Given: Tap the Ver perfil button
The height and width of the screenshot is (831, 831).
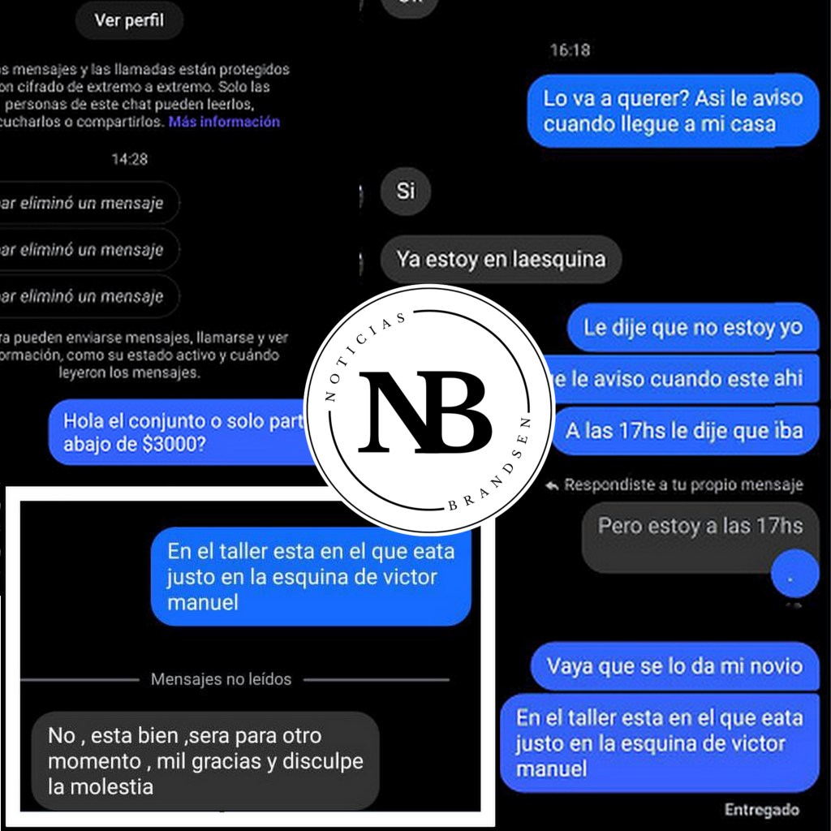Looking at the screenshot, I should point(129,20).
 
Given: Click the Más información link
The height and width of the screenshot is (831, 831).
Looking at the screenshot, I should point(224,122).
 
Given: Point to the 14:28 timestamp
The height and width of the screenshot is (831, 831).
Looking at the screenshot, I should point(129,159).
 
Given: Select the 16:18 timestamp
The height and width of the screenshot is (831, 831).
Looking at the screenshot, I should point(570,50).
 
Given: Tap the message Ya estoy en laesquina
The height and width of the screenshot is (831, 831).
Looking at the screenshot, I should point(500,260).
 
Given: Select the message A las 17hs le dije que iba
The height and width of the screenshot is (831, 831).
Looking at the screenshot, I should point(684,430).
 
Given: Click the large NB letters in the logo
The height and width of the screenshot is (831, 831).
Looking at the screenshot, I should point(425,411).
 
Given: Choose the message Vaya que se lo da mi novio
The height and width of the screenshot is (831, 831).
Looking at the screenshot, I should point(674,666).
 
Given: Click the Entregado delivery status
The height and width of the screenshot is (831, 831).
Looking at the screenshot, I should point(761,809).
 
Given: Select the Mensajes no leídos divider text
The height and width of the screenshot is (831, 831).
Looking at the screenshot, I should point(221,679).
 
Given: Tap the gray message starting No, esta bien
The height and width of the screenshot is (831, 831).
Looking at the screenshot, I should point(205,760).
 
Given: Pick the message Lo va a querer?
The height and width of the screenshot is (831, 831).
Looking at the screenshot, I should point(673,110).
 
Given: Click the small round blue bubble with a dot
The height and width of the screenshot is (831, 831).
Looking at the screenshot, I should point(795,575).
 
